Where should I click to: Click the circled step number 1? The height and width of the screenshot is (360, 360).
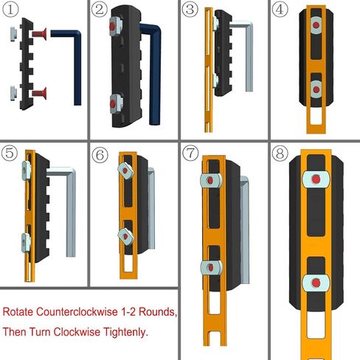click(x=12, y=10)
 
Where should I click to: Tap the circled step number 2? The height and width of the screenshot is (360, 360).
click(x=101, y=10)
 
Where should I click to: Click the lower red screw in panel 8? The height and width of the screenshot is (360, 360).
click(x=315, y=281)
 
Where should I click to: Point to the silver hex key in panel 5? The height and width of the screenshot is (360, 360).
click(x=70, y=207)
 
